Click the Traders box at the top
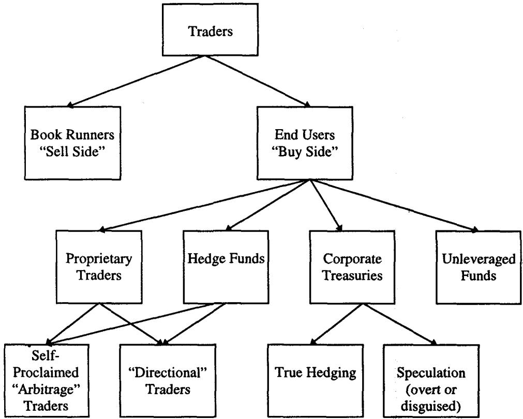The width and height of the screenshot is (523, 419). coord(210,29)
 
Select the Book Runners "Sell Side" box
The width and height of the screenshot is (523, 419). coord(72,143)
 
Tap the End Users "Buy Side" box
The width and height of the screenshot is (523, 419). coord(305,143)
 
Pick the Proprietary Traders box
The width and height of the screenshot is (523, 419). coord(99,267)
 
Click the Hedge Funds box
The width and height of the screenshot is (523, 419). coord(226,267)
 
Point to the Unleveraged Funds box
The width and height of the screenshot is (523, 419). coord(479,267)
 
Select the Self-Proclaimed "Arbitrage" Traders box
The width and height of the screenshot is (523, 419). coord(47,381)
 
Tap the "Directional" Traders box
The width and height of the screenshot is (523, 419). coord(168,381)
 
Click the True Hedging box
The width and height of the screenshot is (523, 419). coord(316,381)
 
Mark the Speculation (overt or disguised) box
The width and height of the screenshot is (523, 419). coord(431,381)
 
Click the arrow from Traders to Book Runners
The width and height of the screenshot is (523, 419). coord(135,81)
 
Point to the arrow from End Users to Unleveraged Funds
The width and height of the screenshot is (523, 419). coord(394,206)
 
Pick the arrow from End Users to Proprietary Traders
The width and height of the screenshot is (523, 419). coord(205,206)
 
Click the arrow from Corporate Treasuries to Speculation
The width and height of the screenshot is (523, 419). coord(399,324)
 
